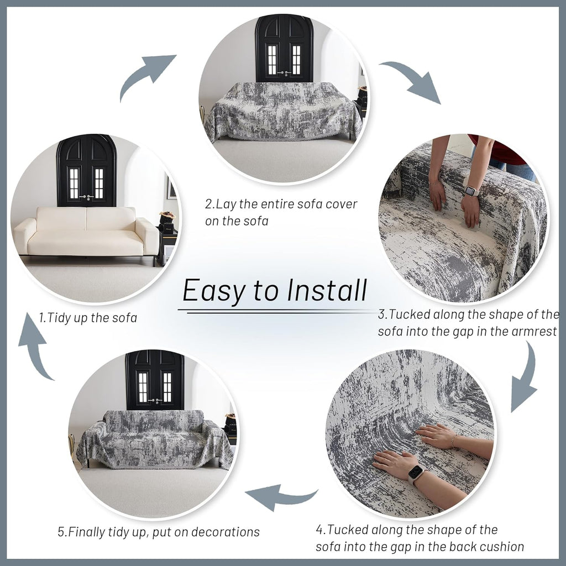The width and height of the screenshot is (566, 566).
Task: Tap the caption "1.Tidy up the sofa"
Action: [88, 318]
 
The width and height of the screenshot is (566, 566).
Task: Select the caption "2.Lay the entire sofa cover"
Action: [281, 204]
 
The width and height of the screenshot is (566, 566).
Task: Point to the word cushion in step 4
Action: [496, 547]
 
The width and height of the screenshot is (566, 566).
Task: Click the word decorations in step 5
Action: [226, 532]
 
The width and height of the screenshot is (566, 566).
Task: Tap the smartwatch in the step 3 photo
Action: [471, 191]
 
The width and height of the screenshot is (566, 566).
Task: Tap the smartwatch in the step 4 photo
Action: [416, 473]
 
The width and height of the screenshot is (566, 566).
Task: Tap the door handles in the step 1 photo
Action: [86, 197]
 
